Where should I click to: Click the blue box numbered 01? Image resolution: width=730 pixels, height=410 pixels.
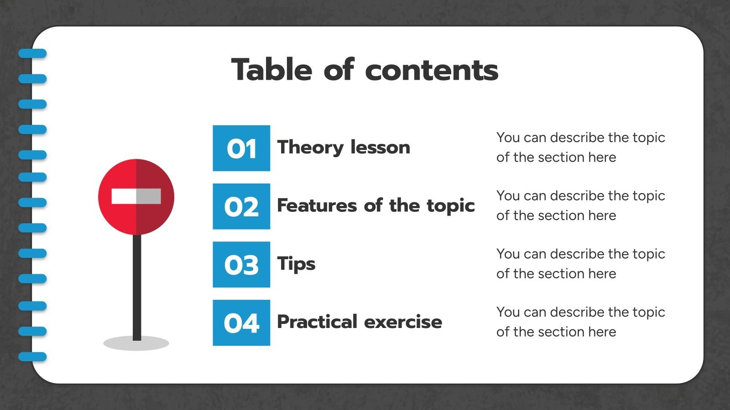pos(241,148)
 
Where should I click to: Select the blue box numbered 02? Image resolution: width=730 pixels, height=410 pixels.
pos(241,206)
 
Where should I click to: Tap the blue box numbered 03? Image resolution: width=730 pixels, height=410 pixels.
pos(241,265)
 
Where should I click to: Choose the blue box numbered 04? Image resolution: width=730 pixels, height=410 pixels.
pos(241,323)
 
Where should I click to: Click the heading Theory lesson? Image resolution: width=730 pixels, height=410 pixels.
pos(344,147)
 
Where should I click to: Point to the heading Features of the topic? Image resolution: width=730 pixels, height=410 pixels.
pos(376,205)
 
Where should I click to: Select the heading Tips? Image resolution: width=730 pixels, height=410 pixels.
pos(296,264)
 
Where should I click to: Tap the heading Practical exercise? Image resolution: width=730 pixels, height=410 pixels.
pos(360,322)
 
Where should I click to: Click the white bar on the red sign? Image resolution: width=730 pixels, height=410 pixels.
pos(136,196)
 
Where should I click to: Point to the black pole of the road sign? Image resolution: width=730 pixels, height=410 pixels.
pos(137,287)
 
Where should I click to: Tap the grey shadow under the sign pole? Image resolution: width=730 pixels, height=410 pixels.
pos(136,343)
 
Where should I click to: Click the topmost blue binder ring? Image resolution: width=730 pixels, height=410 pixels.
pos(32,54)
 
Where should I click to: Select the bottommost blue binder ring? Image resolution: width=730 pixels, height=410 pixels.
pos(32,357)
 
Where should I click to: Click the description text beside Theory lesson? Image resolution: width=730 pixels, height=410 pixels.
pos(580,147)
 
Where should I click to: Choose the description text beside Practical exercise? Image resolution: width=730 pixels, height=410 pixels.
pos(580,322)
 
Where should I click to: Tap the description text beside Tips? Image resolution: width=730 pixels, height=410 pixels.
pos(580,263)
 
